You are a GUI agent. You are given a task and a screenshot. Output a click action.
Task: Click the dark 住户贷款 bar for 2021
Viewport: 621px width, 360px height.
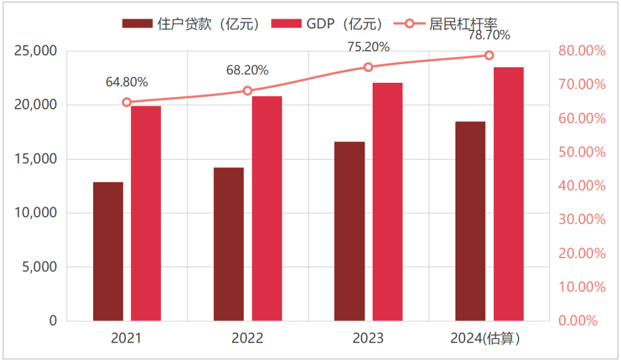click(108, 251)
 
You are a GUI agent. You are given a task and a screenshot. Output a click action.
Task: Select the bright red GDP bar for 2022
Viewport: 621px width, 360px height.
click(267, 208)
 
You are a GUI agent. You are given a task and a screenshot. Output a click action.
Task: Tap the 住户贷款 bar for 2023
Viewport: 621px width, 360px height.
click(349, 231)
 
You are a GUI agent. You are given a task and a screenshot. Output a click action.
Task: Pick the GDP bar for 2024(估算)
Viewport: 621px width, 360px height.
click(508, 194)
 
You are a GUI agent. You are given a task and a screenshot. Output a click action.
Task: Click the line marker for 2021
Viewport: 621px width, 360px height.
click(127, 102)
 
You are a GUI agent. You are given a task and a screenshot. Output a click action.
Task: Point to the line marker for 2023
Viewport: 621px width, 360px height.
click(369, 67)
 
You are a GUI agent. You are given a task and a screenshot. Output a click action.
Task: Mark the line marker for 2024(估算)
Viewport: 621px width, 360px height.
click(489, 55)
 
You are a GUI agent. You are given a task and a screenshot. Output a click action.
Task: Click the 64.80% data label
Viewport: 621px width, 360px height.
click(126, 82)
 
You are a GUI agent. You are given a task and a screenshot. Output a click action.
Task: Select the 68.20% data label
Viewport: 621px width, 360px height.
click(247, 71)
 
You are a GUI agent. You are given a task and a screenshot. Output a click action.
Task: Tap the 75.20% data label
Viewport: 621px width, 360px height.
click(369, 47)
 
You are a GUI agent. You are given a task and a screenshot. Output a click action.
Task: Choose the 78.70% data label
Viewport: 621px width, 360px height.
click(489, 36)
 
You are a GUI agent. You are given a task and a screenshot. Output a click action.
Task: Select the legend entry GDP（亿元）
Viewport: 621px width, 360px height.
click(328, 24)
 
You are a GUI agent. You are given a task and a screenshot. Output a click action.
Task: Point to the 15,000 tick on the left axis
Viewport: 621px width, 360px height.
click(36, 159)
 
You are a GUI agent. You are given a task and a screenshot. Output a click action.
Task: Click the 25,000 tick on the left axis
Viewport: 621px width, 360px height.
click(36, 51)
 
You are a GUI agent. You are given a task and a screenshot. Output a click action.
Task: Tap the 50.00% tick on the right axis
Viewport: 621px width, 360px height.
click(582, 152)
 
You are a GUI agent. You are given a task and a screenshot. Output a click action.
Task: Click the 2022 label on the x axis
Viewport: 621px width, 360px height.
click(247, 338)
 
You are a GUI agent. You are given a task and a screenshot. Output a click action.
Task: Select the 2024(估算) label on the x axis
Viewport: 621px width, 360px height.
click(489, 338)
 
